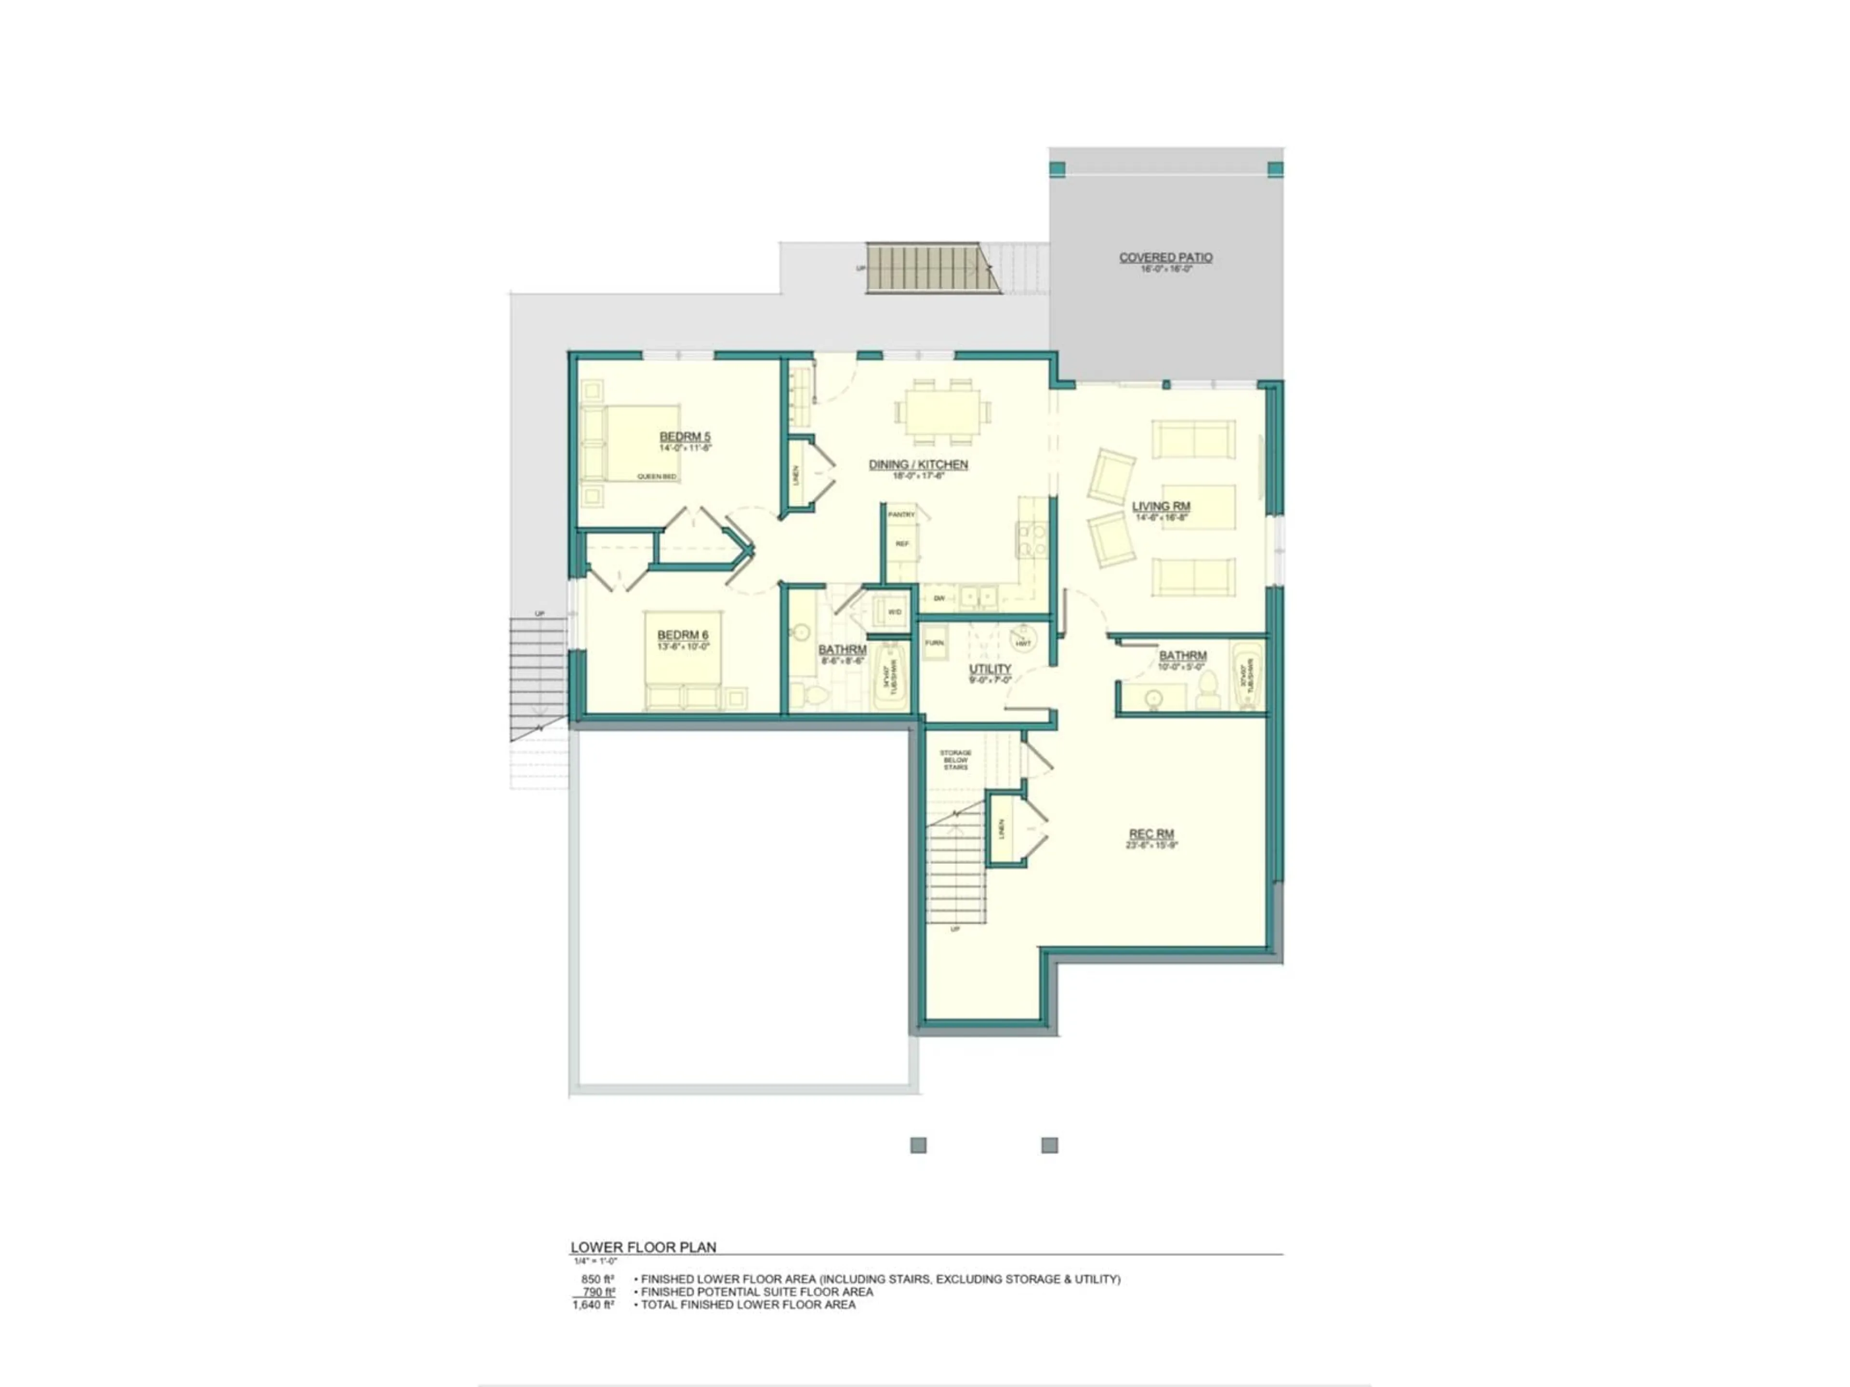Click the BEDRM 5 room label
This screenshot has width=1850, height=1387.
click(685, 436)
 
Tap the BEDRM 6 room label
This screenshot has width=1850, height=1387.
click(683, 635)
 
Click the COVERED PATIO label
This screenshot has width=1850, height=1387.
click(1166, 258)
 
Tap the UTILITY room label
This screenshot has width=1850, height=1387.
click(990, 669)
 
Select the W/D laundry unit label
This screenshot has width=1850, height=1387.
click(894, 612)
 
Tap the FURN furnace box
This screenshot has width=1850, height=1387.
click(934, 643)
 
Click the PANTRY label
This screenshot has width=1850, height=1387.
click(901, 515)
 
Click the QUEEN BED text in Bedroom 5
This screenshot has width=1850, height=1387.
click(657, 477)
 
